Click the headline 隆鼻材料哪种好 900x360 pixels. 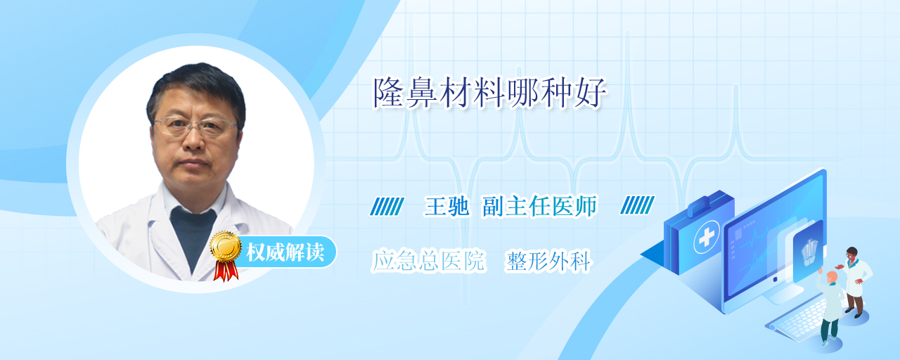coord(490,93)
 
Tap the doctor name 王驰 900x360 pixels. coord(446,207)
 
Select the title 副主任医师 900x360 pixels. coord(540,206)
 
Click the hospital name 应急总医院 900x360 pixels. coord(428,261)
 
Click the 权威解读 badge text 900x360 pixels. coord(285,252)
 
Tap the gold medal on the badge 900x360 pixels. coord(226,246)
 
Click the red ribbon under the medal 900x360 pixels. coord(226,271)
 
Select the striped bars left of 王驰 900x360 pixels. coord(387,206)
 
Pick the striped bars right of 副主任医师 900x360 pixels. coord(637,205)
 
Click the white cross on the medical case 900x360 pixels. coord(707,237)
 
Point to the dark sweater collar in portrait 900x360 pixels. coord(193,233)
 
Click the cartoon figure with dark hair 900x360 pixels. coord(856,282)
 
